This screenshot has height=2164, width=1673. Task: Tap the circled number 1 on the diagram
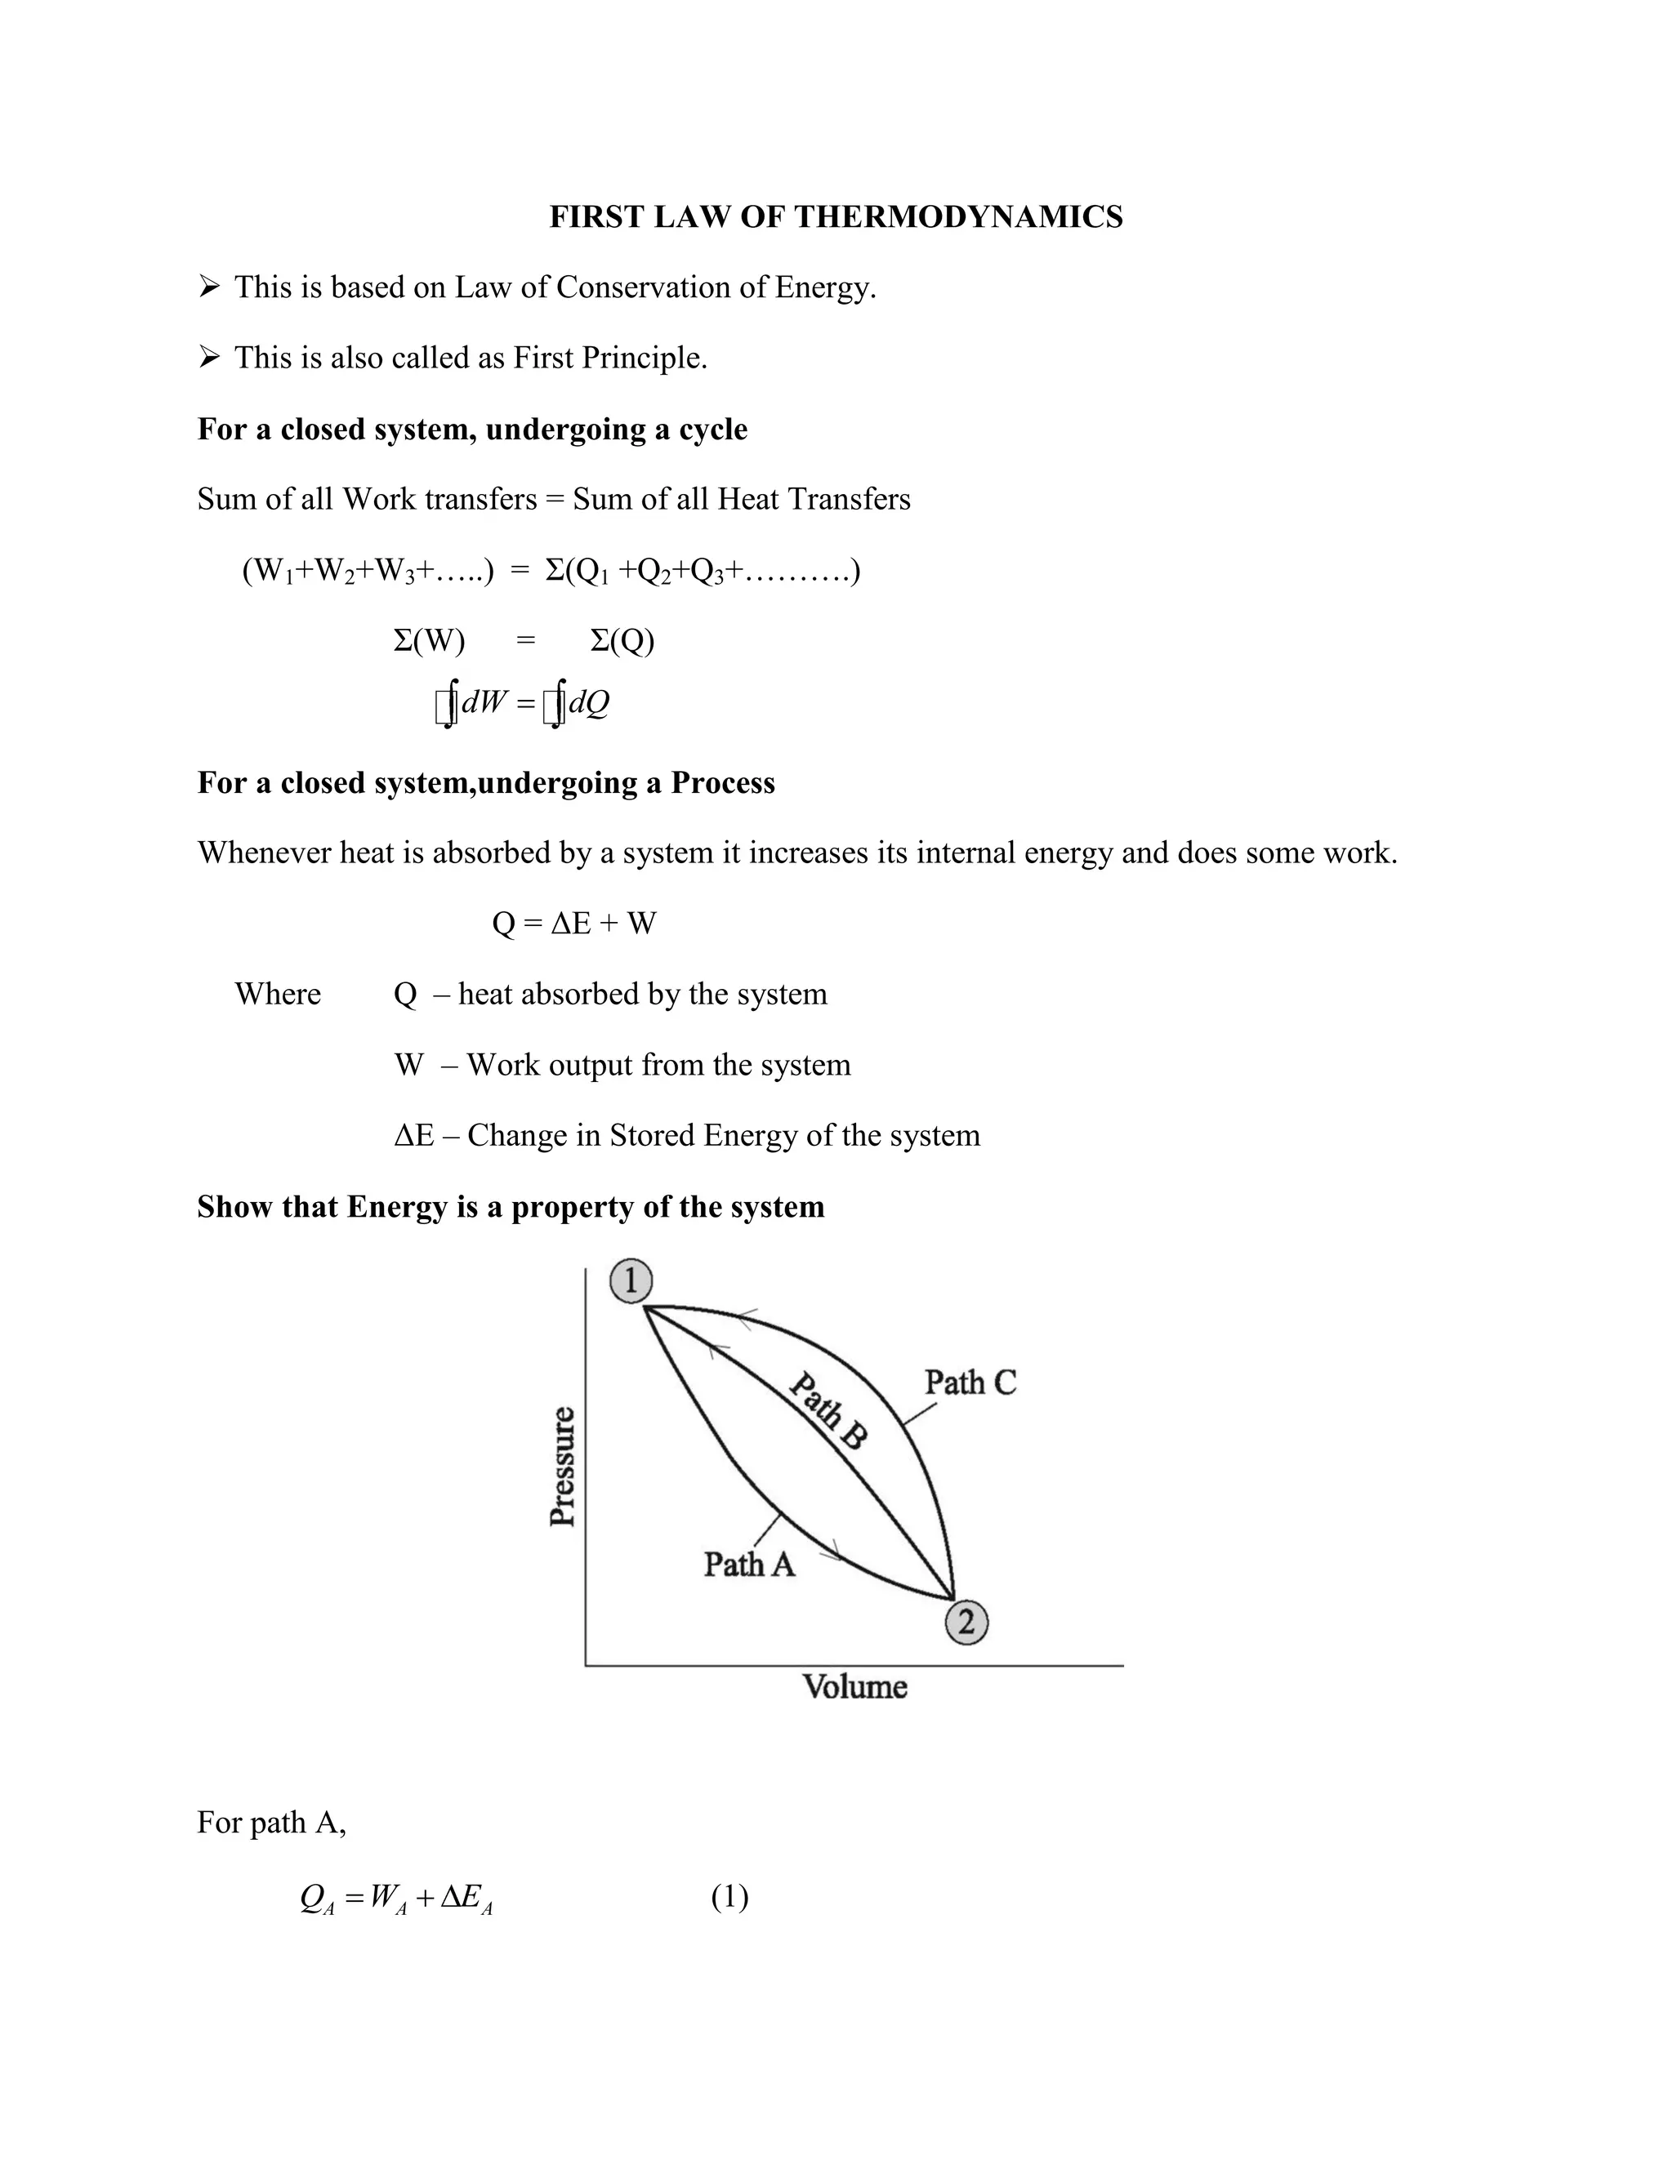631,1281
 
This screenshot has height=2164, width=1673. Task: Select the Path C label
970,1383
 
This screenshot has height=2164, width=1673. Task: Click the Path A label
749,1565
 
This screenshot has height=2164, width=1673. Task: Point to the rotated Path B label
828,1411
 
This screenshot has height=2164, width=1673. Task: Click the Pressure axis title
562,1467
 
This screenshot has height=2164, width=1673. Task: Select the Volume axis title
854,1686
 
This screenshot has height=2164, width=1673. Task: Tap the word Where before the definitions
278,994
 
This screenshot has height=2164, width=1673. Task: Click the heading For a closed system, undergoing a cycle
472,429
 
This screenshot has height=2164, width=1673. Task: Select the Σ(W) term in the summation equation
429,641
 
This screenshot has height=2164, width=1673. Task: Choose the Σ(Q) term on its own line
622,641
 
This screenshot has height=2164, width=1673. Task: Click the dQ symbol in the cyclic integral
589,702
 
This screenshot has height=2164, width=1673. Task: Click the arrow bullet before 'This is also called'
208,358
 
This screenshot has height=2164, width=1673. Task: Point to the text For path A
270,1822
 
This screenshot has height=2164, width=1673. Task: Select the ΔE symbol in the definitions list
413,1136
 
